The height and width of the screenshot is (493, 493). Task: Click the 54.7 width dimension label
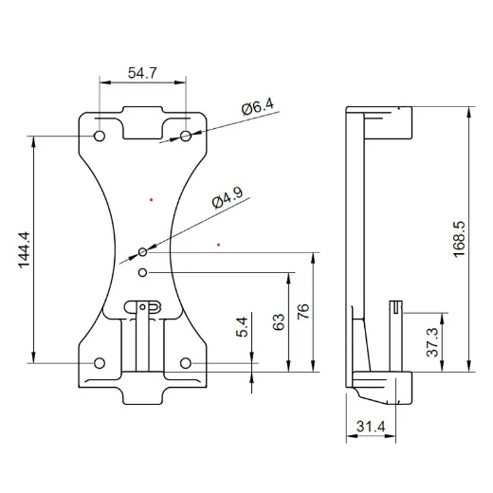144,72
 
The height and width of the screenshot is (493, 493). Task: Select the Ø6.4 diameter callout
257,108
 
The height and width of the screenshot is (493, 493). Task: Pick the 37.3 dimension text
432,341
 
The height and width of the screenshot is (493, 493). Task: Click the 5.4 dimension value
243,327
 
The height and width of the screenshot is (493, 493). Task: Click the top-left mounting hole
100,137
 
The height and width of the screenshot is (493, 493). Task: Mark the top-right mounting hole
186,137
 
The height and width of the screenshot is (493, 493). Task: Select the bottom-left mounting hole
100,362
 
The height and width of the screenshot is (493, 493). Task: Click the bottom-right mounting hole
186,362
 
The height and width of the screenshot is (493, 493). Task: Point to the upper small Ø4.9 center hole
142,252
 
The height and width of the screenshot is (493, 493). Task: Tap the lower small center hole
142,273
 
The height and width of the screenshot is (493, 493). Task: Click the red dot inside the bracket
152,199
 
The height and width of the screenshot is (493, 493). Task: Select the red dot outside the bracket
219,245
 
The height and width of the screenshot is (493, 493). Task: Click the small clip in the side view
396,309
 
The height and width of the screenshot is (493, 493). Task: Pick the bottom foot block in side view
384,387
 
